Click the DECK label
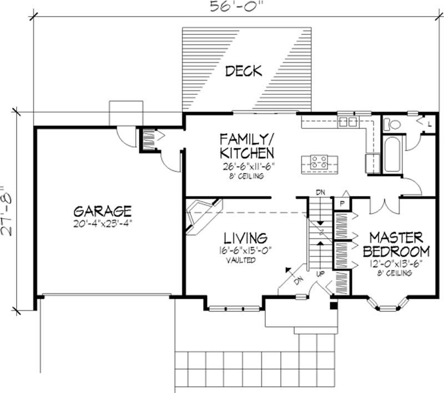[244, 71]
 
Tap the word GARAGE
[102, 211]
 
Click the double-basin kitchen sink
[348, 121]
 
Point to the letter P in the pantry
[342, 204]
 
